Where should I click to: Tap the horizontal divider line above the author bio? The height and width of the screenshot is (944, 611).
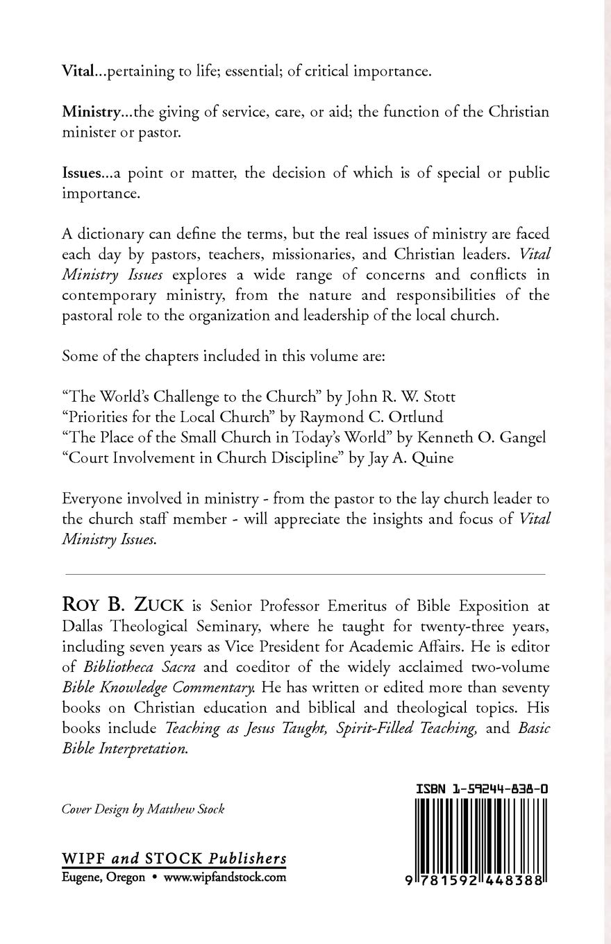point(305,575)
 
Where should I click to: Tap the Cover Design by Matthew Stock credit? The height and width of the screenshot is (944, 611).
point(142,809)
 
